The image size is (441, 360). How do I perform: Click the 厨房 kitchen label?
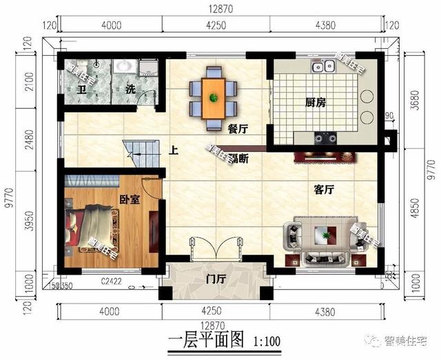tap(315, 103)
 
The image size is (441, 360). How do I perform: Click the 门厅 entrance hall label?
tap(216, 279)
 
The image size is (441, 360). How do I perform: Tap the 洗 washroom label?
tap(130, 89)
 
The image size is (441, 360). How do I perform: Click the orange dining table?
tap(213, 96)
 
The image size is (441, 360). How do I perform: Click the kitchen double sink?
tap(325, 66)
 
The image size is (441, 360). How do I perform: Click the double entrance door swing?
tap(214, 248)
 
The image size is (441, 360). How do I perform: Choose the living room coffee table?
tap(322, 237)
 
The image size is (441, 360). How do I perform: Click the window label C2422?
tap(111, 281)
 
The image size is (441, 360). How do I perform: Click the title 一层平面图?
tap(207, 340)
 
